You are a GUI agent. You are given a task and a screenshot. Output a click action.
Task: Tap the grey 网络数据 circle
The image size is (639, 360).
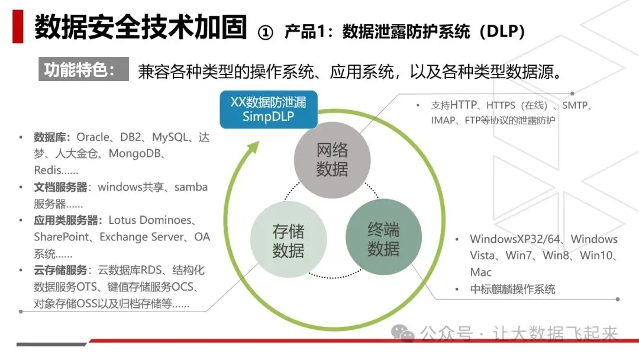coord(332,160)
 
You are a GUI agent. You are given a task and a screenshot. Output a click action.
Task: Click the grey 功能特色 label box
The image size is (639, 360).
coord(83,70)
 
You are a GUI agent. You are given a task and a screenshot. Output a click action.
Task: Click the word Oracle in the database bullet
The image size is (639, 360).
coord(93,137)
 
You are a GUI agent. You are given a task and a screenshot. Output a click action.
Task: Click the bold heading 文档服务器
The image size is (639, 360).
coord(61,187)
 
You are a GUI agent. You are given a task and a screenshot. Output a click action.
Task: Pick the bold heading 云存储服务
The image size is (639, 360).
coord(61,270)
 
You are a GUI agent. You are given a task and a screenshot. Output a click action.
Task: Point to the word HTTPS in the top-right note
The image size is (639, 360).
coord(501,106)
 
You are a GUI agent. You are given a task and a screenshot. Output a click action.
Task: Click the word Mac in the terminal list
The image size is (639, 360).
coord(481,272)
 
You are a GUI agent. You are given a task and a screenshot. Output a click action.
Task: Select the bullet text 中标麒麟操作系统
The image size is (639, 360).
coord(512,290)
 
